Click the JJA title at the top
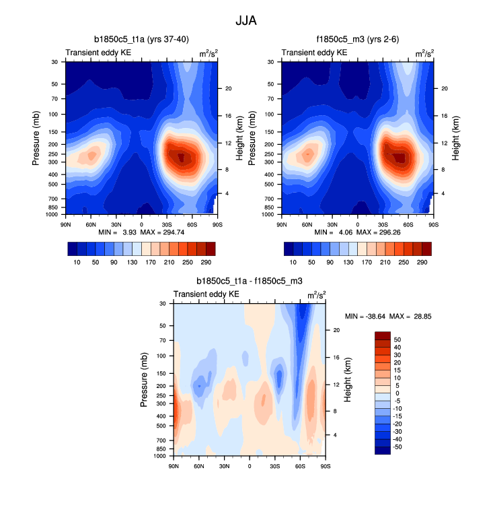pyautogui.click(x=246, y=20)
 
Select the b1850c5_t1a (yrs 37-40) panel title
pyautogui.click(x=141, y=39)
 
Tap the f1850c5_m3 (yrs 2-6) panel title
pyautogui.click(x=357, y=39)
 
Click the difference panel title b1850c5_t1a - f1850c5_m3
pyautogui.click(x=249, y=282)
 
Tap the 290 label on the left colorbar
pyautogui.click(x=205, y=261)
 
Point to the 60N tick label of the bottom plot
pyautogui.click(x=199, y=465)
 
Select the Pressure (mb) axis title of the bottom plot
pyautogui.click(x=144, y=380)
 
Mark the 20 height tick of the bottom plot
pyautogui.click(x=337, y=330)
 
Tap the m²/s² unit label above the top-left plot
pyautogui.click(x=208, y=53)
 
